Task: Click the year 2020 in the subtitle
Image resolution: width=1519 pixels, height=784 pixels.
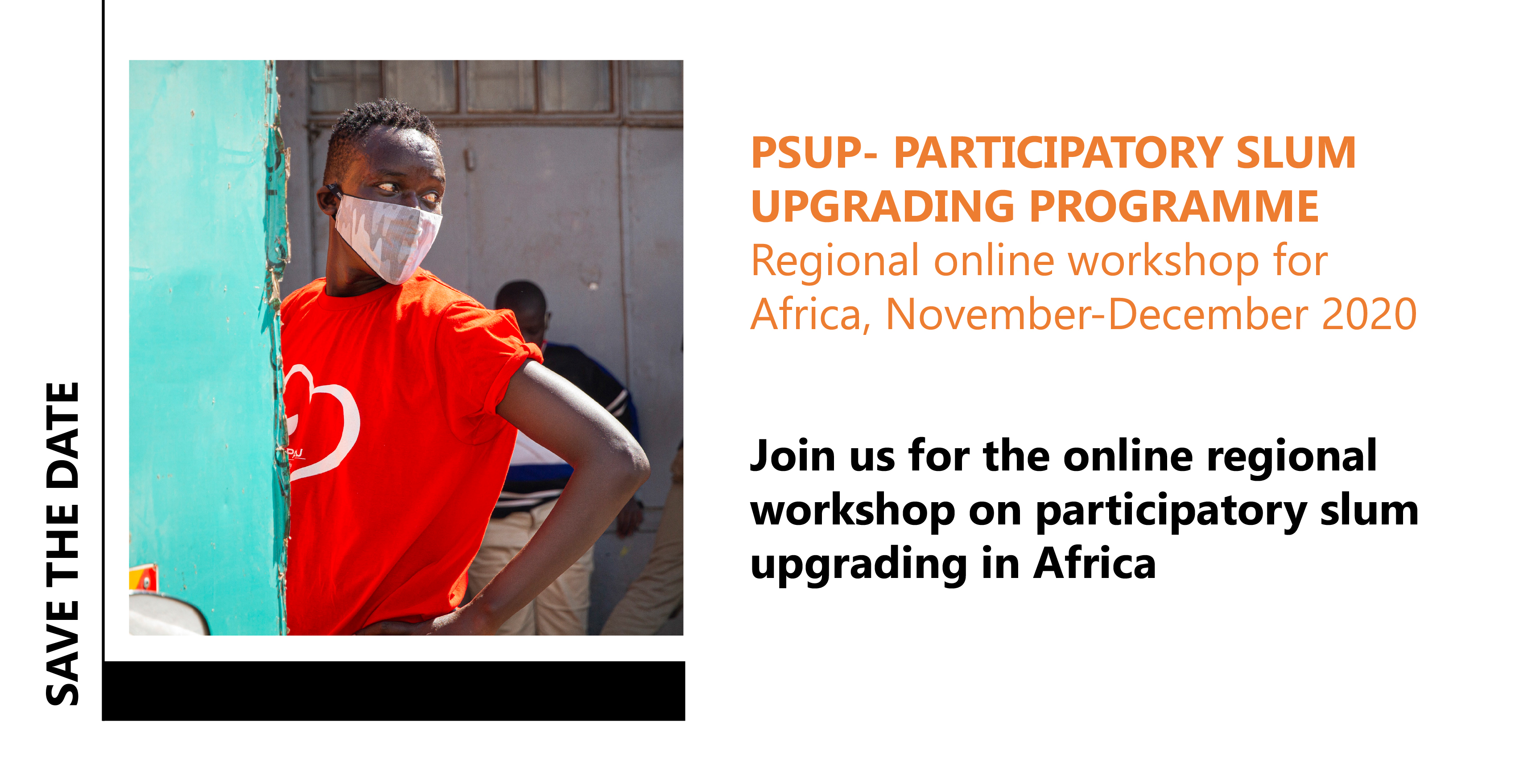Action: pyautogui.click(x=1369, y=314)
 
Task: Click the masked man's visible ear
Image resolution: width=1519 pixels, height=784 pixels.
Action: pyautogui.click(x=328, y=200)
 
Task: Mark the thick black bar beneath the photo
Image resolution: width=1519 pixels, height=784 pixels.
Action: pyautogui.click(x=393, y=691)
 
